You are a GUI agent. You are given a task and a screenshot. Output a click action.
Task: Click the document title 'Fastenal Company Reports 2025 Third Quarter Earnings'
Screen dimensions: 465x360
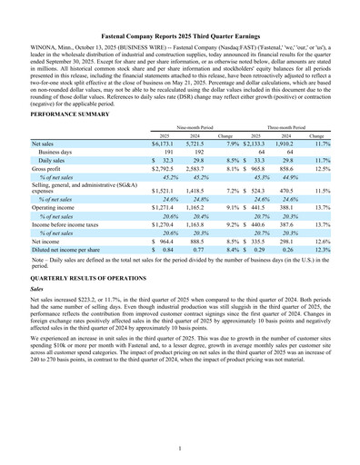180,34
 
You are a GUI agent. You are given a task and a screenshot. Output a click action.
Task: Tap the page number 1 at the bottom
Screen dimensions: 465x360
180,447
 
